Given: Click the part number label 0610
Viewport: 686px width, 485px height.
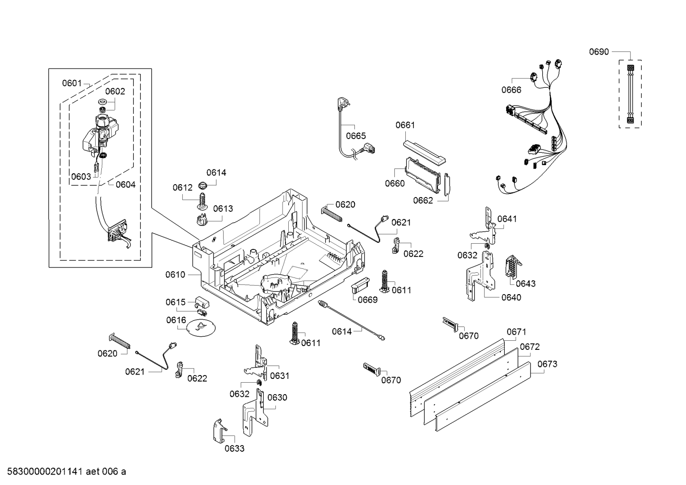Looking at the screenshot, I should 175,275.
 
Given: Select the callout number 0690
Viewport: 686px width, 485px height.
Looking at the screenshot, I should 599,52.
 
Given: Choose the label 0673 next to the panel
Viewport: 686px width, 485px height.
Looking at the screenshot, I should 547,364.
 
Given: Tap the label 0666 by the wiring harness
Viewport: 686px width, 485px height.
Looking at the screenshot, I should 511,90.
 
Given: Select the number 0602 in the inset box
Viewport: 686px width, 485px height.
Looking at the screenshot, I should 115,91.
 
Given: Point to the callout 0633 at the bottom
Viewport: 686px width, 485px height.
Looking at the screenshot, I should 235,449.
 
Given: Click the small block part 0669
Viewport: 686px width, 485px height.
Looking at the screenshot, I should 360,287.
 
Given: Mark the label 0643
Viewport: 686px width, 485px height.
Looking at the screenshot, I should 526,284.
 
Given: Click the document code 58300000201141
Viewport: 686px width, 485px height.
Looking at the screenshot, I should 43,472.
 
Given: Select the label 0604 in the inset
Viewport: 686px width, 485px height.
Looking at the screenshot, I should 126,185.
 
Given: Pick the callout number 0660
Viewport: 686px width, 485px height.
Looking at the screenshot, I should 394,183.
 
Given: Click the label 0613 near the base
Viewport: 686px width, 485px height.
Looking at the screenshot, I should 223,208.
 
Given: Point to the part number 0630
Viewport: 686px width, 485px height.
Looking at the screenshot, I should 277,397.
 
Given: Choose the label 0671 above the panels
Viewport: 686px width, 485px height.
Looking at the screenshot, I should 516,332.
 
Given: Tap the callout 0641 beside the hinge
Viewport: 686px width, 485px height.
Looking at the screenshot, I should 507,219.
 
